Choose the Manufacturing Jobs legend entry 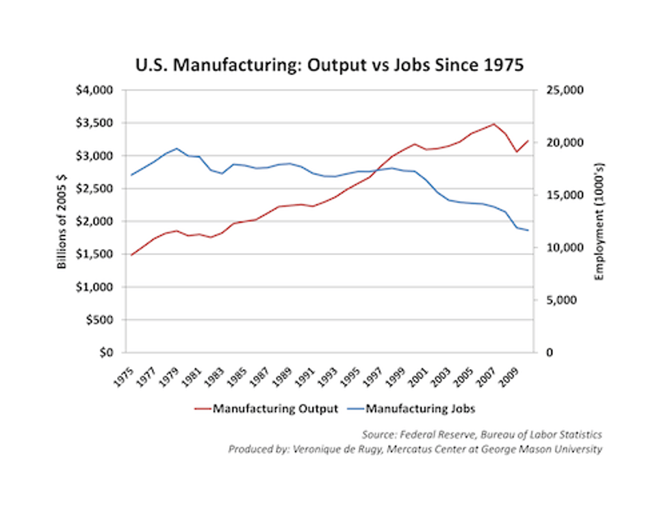click(420, 409)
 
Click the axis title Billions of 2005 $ click(62, 221)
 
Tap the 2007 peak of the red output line click(494, 124)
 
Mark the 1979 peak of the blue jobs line click(177, 148)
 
